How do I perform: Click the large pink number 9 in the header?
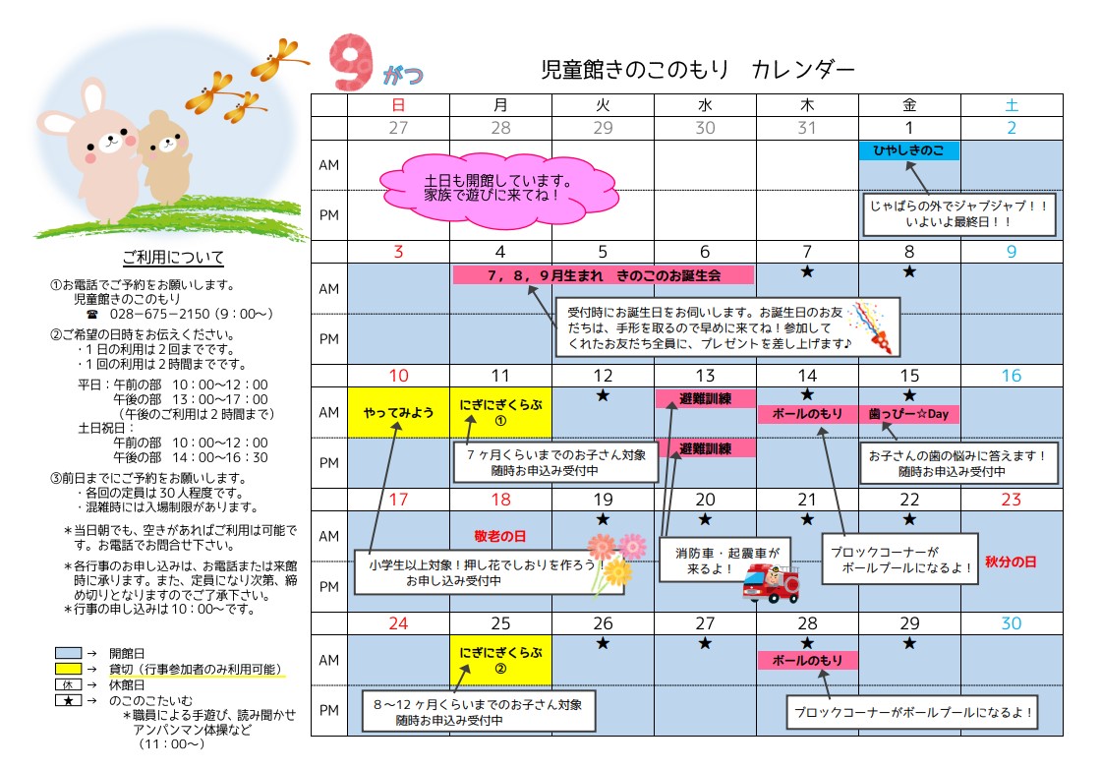click(351, 63)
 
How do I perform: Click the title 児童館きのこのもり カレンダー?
click(698, 70)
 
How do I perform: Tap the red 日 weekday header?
click(398, 104)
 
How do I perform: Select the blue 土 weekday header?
click(1012, 104)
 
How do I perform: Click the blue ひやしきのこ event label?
click(909, 150)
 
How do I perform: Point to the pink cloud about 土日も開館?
click(497, 188)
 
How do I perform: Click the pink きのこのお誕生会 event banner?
click(604, 274)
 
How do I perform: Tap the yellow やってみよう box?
click(398, 412)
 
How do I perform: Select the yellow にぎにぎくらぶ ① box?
click(500, 412)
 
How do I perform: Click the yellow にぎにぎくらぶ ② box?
click(500, 660)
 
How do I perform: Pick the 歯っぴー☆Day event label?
click(909, 414)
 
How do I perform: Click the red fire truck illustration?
click(772, 583)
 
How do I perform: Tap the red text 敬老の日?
click(500, 536)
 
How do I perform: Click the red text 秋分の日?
click(1012, 562)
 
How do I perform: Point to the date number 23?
click(1012, 499)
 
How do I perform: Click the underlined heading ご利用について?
click(173, 259)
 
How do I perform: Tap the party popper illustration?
click(874, 325)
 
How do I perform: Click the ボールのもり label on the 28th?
click(807, 660)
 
